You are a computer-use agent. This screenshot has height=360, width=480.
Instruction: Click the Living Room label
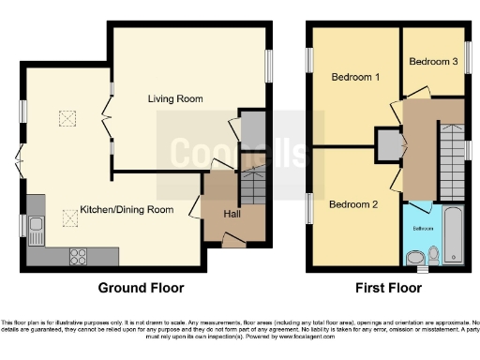[x=175, y=98]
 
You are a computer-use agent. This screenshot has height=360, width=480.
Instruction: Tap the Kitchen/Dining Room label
[x=127, y=210]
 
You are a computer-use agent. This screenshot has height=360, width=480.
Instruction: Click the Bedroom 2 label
[x=352, y=204]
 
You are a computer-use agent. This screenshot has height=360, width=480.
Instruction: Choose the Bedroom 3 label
[x=433, y=62]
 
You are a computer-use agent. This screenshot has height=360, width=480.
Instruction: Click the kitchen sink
[x=37, y=225]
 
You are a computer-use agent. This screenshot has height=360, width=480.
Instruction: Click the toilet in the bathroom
[x=434, y=253]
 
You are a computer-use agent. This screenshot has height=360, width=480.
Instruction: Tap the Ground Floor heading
[x=142, y=289]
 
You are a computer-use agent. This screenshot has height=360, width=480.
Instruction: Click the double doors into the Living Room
[x=106, y=119]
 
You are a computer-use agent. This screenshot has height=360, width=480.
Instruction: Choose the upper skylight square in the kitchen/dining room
[x=67, y=117]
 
